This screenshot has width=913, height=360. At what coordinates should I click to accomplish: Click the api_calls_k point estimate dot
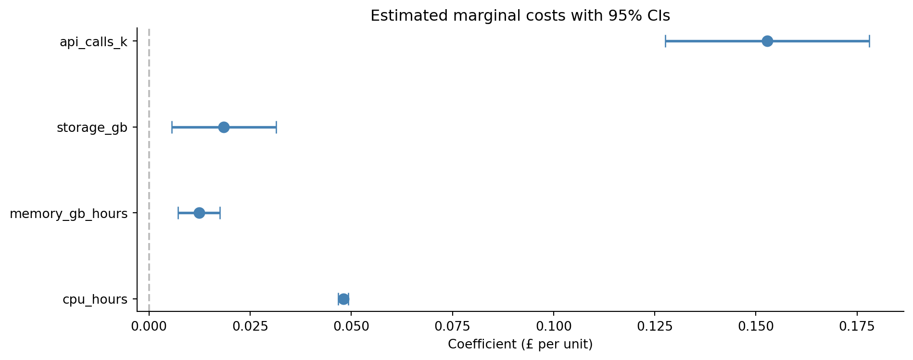click(x=767, y=41)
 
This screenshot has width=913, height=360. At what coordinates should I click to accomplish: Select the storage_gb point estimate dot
click(x=224, y=128)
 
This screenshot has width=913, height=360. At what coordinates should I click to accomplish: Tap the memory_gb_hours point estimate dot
click(x=199, y=213)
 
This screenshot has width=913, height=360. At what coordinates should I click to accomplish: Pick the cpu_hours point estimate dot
click(x=343, y=299)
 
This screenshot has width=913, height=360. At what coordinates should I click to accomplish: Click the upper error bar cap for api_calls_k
click(x=869, y=41)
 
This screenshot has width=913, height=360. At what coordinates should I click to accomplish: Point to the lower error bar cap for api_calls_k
click(x=665, y=41)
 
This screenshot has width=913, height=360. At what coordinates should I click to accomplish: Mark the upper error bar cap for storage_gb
click(x=276, y=128)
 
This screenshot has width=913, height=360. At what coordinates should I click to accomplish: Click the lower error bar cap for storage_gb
click(x=172, y=128)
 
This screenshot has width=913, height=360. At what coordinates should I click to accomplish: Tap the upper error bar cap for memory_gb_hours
click(x=220, y=213)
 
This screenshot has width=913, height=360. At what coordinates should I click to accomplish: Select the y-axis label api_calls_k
click(x=93, y=42)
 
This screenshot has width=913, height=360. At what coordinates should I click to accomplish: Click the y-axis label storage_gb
click(x=92, y=128)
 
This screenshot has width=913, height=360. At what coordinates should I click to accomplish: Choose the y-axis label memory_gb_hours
click(x=68, y=214)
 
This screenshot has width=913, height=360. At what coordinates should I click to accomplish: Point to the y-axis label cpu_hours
click(x=95, y=300)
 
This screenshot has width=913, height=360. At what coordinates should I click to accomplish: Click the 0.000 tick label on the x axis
click(x=149, y=327)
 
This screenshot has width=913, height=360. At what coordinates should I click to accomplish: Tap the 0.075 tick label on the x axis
click(x=452, y=327)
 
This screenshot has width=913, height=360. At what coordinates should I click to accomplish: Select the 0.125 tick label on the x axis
click(x=654, y=327)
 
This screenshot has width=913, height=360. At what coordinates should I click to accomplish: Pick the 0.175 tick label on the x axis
click(x=857, y=327)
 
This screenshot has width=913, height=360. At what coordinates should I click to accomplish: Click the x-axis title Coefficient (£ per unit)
click(x=520, y=345)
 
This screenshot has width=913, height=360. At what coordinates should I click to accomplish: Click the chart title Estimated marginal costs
click(x=520, y=16)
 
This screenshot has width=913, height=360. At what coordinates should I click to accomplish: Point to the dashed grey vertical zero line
click(x=149, y=168)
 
